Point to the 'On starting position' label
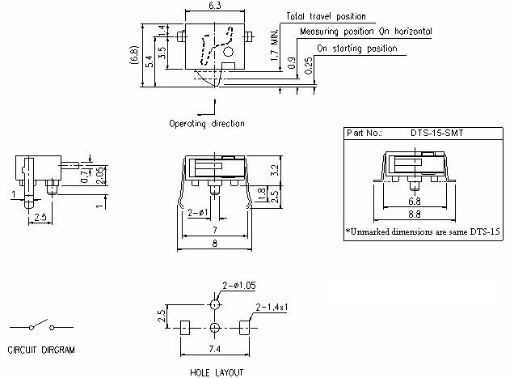click(x=356, y=49)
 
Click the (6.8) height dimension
click(x=133, y=58)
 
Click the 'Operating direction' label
click(x=207, y=124)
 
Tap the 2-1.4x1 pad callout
click(x=274, y=308)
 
